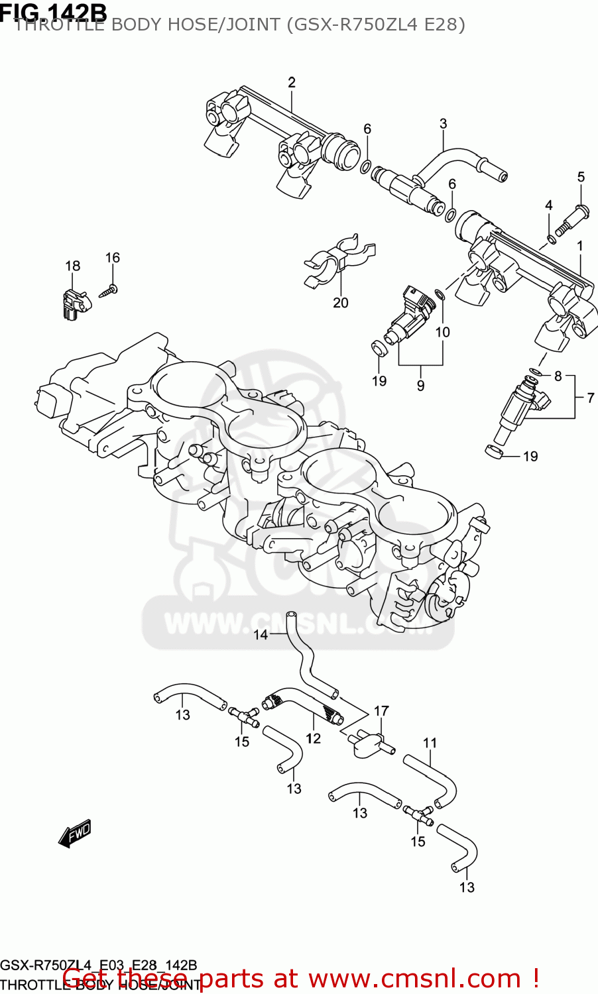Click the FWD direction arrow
point(74,834)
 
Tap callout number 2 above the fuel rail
point(292,83)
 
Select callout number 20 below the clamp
point(340,303)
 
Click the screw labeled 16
point(109,290)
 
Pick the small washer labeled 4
point(551,239)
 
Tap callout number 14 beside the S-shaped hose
point(261,635)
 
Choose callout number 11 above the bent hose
point(430,743)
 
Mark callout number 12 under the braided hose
point(313,738)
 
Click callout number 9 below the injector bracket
point(420,385)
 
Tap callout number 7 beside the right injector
point(591,398)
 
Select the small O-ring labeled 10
point(439,294)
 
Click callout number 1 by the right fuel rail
point(580,247)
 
